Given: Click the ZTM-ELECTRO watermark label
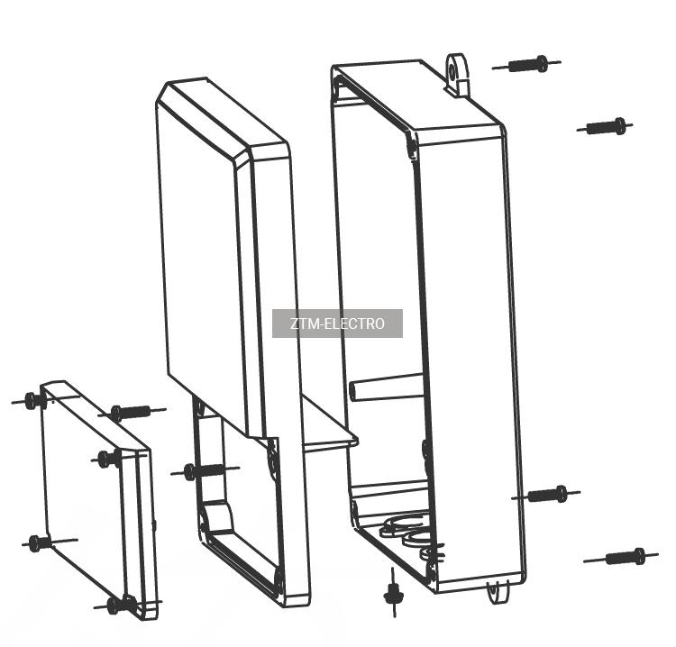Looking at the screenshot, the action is pyautogui.click(x=337, y=323).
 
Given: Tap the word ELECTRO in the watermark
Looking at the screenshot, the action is pyautogui.click(x=354, y=323).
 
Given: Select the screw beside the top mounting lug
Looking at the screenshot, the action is pyautogui.click(x=527, y=64).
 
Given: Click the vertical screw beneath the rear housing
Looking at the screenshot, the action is pyautogui.click(x=393, y=593).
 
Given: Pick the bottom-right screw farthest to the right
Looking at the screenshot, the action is pyautogui.click(x=621, y=557).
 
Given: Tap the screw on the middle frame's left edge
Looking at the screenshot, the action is pyautogui.click(x=205, y=470).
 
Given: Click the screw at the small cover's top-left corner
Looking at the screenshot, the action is pyautogui.click(x=32, y=400).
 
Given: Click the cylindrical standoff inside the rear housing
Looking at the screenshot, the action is pyautogui.click(x=387, y=387).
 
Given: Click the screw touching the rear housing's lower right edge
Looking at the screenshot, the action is pyautogui.click(x=546, y=495).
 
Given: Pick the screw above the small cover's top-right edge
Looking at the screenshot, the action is pyautogui.click(x=132, y=412).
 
